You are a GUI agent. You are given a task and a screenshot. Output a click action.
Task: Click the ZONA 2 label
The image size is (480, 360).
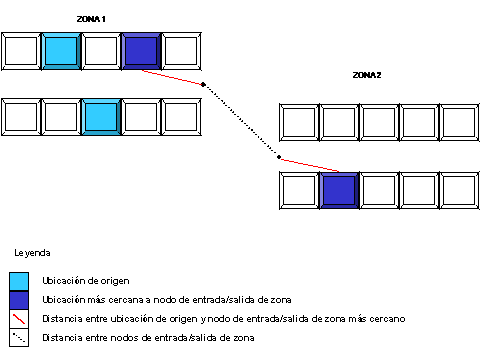[x=367, y=75]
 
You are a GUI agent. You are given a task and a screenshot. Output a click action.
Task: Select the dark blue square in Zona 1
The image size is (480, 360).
[x=141, y=50]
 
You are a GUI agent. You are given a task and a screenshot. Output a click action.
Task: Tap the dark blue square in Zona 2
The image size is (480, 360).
[x=340, y=189]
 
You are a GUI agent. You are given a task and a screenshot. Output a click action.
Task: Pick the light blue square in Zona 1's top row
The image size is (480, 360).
[x=61, y=50]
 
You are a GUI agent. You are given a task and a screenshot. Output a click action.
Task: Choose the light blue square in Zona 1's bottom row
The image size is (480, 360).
[x=101, y=116]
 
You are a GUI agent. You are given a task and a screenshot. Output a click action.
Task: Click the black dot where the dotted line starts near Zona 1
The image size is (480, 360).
[x=203, y=85]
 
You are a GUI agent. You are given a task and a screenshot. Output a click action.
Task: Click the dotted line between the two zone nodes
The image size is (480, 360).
[x=240, y=120]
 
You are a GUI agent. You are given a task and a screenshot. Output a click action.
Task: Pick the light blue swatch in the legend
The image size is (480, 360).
[x=19, y=281]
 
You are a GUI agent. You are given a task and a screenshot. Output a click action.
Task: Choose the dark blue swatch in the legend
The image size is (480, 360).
[x=19, y=301]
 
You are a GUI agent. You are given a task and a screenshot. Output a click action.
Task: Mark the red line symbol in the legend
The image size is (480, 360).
[x=19, y=320]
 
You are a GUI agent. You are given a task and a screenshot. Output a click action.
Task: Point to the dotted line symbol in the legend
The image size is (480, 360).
[x=19, y=339]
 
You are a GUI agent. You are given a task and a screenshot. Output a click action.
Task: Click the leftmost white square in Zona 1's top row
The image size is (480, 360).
[x=21, y=50]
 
